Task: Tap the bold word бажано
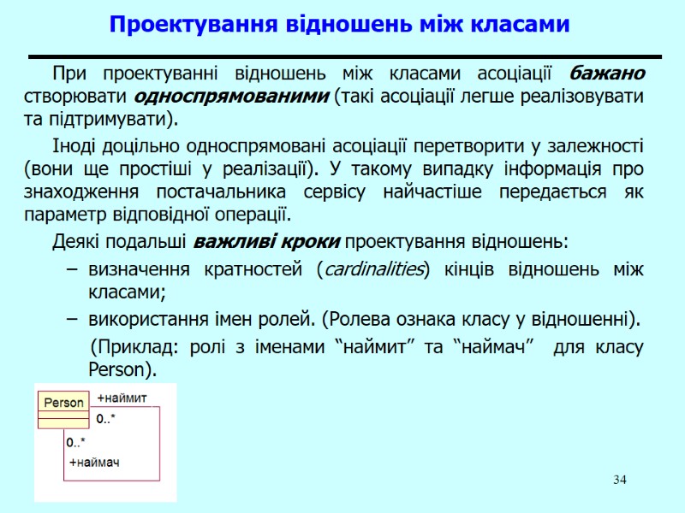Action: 607,74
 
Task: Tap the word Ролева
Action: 360,321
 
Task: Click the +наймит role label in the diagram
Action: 122,398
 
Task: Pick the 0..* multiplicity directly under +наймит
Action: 106,419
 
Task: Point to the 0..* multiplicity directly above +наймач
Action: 76,442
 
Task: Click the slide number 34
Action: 619,478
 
